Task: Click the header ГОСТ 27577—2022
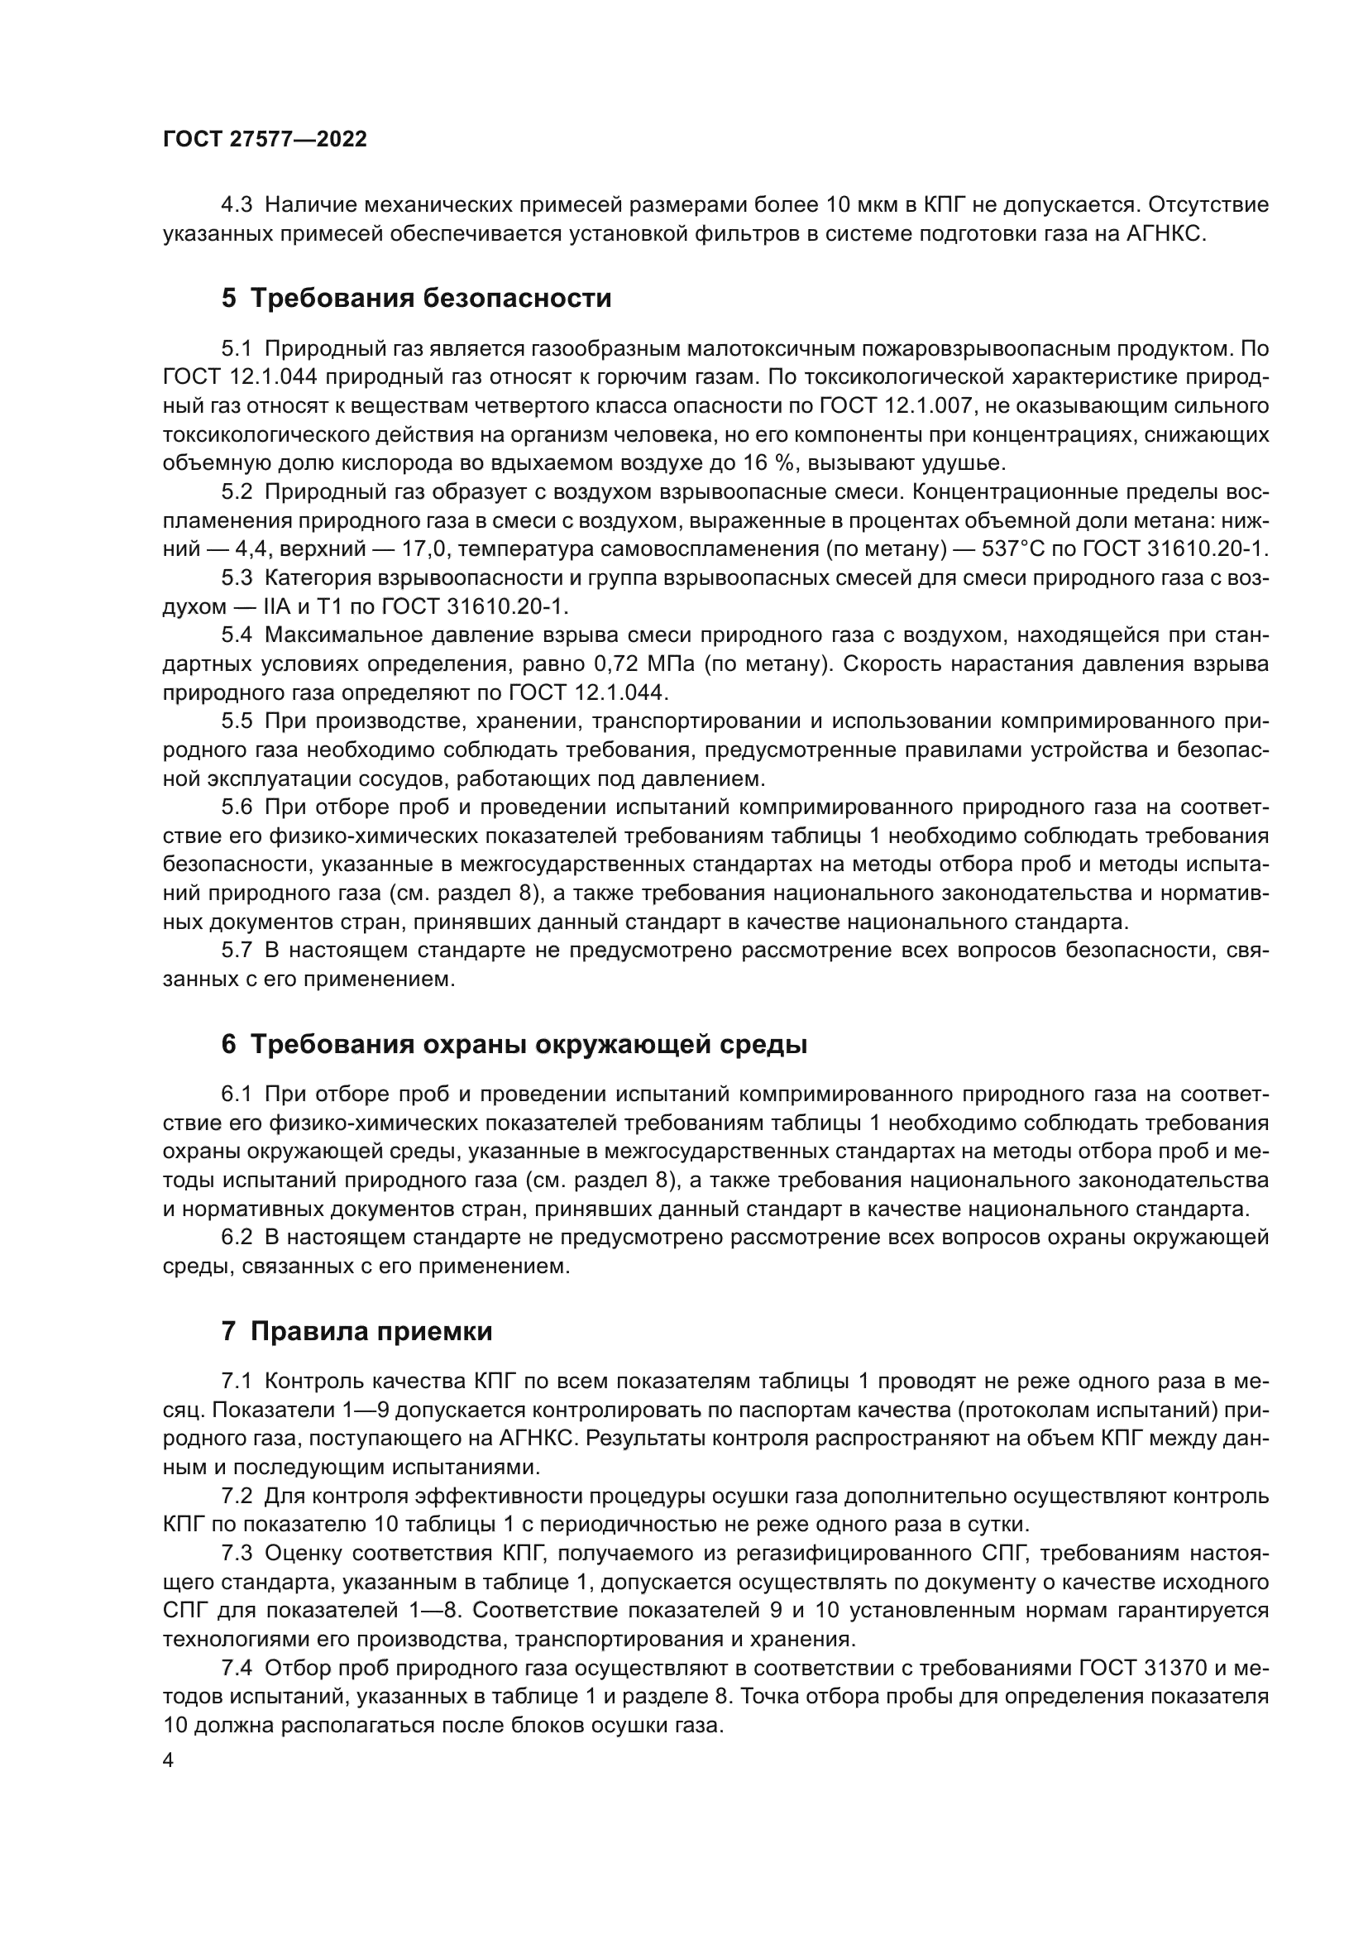click(x=265, y=139)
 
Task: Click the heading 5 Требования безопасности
click(x=416, y=299)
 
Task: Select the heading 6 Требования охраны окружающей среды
click(x=514, y=1044)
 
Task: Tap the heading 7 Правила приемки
click(x=356, y=1331)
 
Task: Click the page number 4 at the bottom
click(x=169, y=1761)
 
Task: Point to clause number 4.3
click(x=237, y=206)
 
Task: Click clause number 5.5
click(x=237, y=721)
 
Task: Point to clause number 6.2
click(x=237, y=1237)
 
